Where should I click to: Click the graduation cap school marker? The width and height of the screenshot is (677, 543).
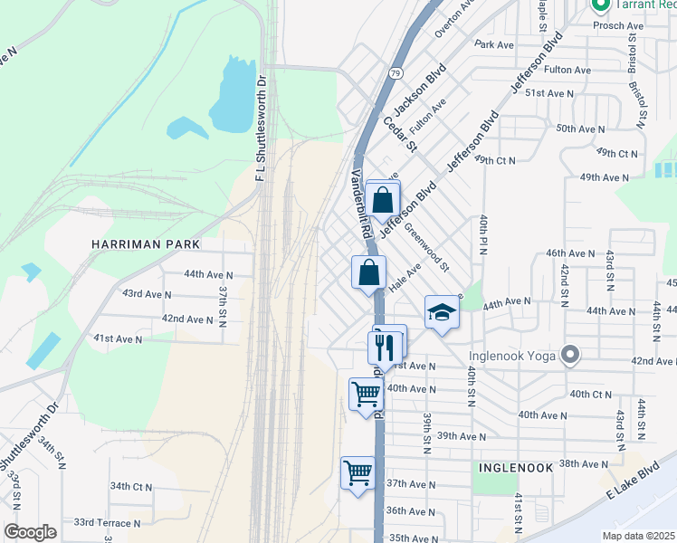[x=441, y=313]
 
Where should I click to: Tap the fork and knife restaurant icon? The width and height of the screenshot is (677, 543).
[x=384, y=346]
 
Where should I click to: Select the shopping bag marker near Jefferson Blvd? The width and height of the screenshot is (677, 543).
[x=383, y=200]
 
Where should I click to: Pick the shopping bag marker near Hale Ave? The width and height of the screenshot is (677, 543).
[x=368, y=272]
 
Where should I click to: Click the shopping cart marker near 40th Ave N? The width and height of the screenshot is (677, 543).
[x=365, y=394]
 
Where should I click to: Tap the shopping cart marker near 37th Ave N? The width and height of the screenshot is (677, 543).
[x=358, y=472]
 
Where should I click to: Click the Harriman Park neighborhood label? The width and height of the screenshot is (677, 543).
[x=144, y=244]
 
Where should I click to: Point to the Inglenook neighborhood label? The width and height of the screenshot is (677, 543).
[x=516, y=467]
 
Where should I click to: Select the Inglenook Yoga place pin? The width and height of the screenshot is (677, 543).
[x=570, y=354]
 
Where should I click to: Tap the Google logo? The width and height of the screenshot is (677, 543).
[x=29, y=532]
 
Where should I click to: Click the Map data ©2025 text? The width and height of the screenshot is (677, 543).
[x=638, y=535]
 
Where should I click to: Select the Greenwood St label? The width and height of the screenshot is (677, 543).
[x=426, y=247]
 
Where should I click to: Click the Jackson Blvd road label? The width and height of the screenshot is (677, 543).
[x=420, y=86]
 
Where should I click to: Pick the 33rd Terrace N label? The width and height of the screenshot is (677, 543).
[x=107, y=523]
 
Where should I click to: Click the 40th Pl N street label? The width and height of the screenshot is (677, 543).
[x=484, y=235]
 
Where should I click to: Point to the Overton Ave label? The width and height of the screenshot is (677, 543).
[x=454, y=18]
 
